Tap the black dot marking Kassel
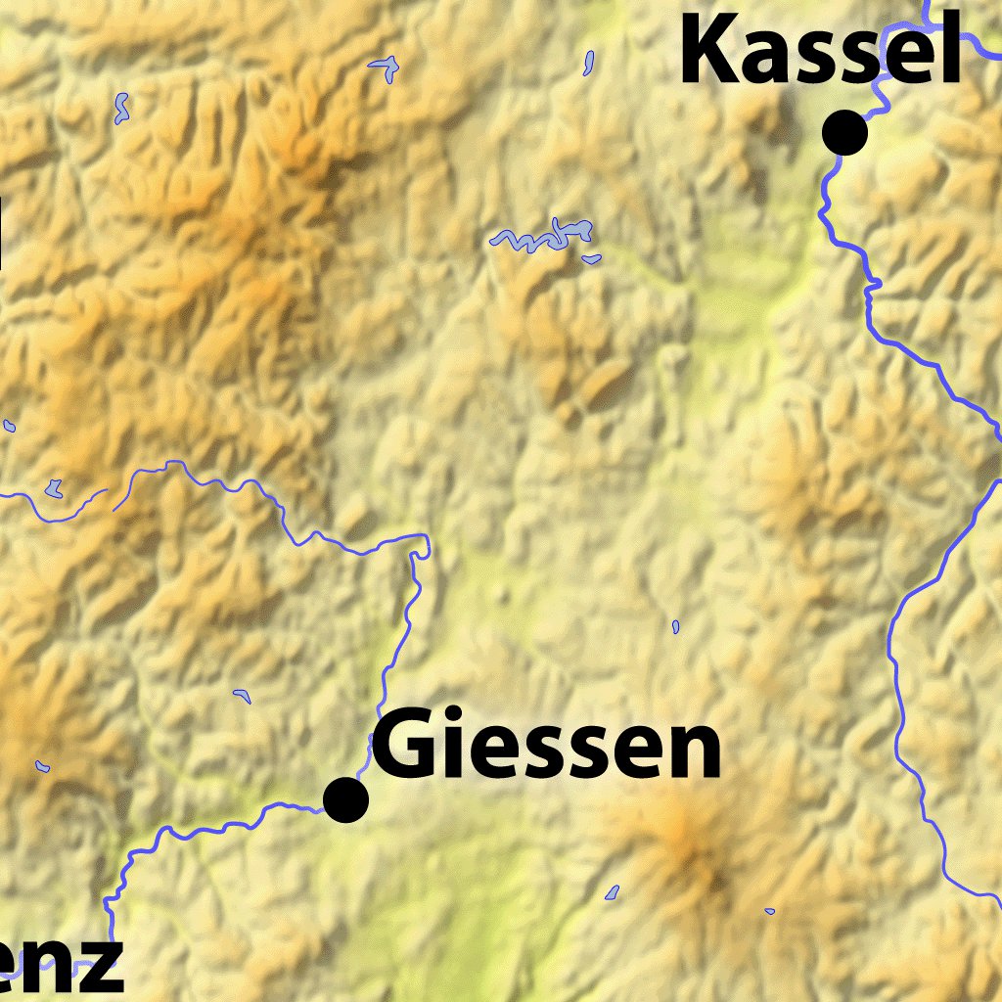(844, 133)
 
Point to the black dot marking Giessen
(345, 799)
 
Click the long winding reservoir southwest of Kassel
(543, 236)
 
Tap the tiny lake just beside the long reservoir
(590, 258)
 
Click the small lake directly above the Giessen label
(675, 625)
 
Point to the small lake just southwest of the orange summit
(612, 892)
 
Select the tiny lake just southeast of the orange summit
(769, 911)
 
